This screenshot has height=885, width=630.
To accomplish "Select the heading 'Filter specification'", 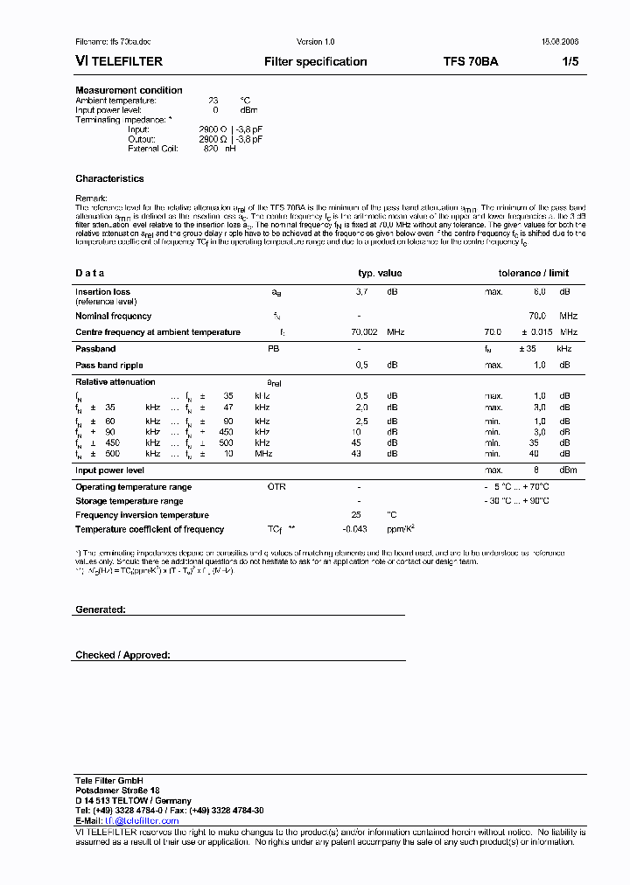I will click(315, 62).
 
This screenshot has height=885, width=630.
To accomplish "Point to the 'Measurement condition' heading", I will click(129, 90).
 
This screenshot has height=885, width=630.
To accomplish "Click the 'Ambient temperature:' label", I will click(115, 101).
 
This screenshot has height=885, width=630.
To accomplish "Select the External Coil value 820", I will click(210, 149).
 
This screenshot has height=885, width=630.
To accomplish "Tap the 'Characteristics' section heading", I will click(109, 178).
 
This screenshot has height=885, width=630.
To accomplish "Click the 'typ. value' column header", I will click(380, 274).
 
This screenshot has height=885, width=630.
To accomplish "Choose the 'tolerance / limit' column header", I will click(534, 274).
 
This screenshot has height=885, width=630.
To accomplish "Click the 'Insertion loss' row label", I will click(102, 292).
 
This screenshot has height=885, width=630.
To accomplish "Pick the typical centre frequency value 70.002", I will click(364, 332).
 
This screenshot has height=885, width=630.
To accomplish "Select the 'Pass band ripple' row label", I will click(108, 366).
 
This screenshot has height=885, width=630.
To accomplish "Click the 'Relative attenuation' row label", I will click(115, 382).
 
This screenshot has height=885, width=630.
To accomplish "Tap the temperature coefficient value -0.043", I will click(353, 529).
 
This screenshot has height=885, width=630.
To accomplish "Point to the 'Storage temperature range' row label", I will click(129, 501).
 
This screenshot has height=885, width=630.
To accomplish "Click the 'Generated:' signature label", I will click(100, 608).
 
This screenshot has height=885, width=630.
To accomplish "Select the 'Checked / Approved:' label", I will click(122, 654).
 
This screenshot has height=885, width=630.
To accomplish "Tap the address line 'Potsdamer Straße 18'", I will click(116, 791).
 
